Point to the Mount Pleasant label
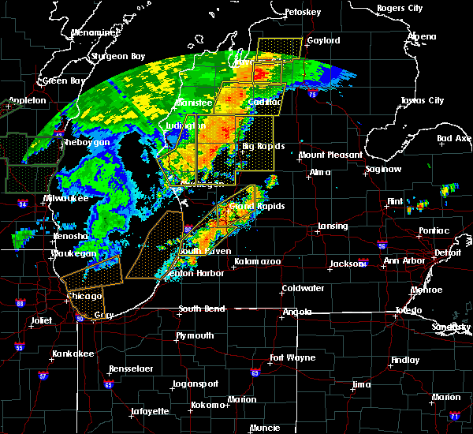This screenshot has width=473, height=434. pyautogui.click(x=330, y=155)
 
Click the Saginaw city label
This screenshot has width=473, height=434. pyautogui.click(x=385, y=170)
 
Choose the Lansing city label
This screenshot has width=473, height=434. pyautogui.click(x=333, y=226)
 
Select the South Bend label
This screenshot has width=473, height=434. pyautogui.click(x=197, y=309)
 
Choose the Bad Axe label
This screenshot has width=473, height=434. pyautogui.click(x=454, y=138)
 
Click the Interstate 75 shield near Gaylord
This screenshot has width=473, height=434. pyautogui.click(x=312, y=94)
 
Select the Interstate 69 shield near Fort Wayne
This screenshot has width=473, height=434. pyautogui.click(x=255, y=372)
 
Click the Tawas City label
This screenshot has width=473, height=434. pyautogui.click(x=422, y=101)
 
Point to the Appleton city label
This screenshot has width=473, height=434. pyautogui.click(x=27, y=101)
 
